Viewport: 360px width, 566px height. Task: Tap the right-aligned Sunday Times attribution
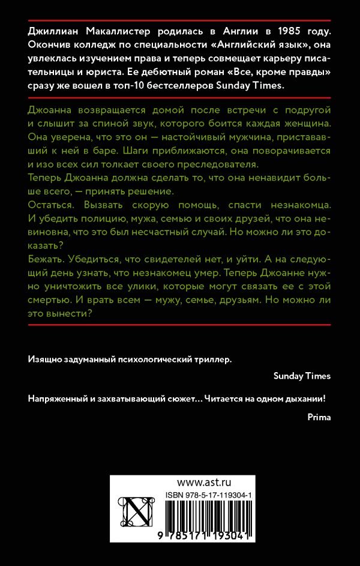pyautogui.click(x=302, y=376)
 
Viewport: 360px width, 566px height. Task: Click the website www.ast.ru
pyautogui.click(x=205, y=482)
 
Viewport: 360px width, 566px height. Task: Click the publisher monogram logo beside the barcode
pyautogui.click(x=136, y=514)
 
